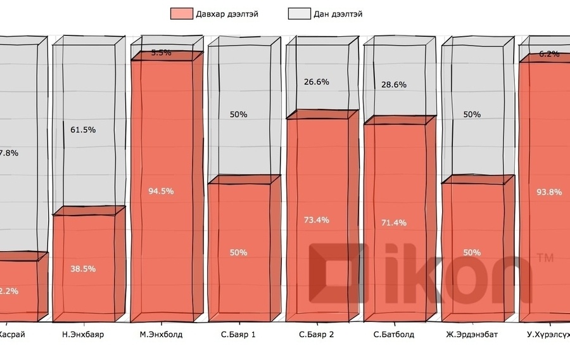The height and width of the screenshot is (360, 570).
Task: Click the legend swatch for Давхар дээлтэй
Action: [x=180, y=13]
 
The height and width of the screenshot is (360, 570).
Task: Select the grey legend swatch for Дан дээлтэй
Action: [x=298, y=13]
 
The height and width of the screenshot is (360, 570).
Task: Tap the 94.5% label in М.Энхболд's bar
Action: [x=161, y=191]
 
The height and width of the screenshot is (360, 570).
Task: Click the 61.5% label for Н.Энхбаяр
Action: [x=83, y=130]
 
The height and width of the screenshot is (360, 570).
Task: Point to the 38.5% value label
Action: [x=83, y=269]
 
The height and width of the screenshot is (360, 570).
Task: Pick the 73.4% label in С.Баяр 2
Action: [x=317, y=220]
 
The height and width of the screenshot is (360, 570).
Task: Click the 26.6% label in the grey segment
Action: [x=317, y=81]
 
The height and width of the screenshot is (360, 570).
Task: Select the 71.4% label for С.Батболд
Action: [x=394, y=222]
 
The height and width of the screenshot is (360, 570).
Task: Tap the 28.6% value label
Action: [x=394, y=84]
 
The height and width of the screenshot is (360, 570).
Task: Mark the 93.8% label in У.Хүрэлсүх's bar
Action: [x=549, y=192]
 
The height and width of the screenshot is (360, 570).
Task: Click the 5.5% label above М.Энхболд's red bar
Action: [x=161, y=53]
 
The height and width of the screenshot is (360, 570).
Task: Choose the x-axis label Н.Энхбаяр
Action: [x=83, y=334]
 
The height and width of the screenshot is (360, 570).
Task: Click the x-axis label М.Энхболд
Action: [x=161, y=334]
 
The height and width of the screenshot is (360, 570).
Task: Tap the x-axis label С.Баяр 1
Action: [x=238, y=334]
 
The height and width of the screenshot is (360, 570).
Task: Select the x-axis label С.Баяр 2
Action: [x=317, y=334]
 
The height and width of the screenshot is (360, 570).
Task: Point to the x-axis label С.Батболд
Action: [x=394, y=334]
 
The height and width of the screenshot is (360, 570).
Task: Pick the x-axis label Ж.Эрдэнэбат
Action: [x=471, y=334]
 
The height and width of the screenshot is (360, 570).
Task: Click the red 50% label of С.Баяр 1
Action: [x=238, y=252]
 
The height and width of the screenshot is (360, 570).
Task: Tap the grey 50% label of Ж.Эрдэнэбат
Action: [x=471, y=115]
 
